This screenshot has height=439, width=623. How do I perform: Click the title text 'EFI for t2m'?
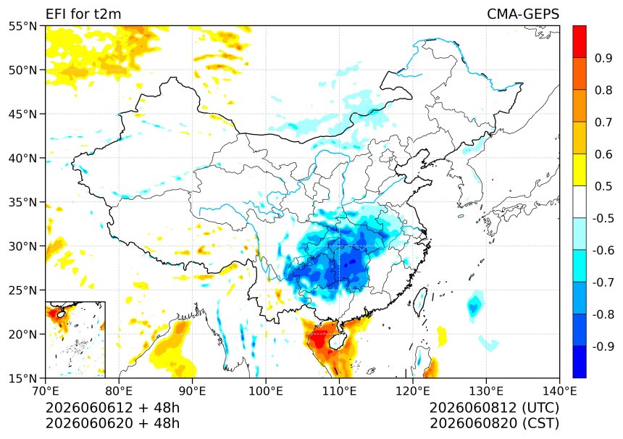tap(83, 14)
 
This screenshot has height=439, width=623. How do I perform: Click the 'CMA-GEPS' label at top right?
tap(523, 14)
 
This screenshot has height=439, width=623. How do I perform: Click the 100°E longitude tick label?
tap(266, 391)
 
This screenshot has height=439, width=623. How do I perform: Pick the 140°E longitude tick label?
tap(559, 391)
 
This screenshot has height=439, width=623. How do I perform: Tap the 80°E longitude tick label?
tap(120, 391)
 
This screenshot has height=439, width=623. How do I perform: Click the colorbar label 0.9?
tap(603, 58)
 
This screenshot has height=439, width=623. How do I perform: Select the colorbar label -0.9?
tap(603, 346)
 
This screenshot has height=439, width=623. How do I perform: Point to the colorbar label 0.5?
tap(603, 186)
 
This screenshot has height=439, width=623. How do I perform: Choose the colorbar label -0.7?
tap(603, 283)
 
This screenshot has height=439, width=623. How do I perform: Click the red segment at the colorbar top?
tap(580, 42)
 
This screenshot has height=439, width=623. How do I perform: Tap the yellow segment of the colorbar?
tap(580, 170)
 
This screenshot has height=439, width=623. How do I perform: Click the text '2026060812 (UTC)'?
tap(494, 408)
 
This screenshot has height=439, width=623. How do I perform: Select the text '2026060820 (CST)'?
tap(494, 424)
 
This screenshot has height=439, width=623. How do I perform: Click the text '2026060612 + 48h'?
tap(112, 408)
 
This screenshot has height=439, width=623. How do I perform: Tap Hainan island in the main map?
tap(337, 342)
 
